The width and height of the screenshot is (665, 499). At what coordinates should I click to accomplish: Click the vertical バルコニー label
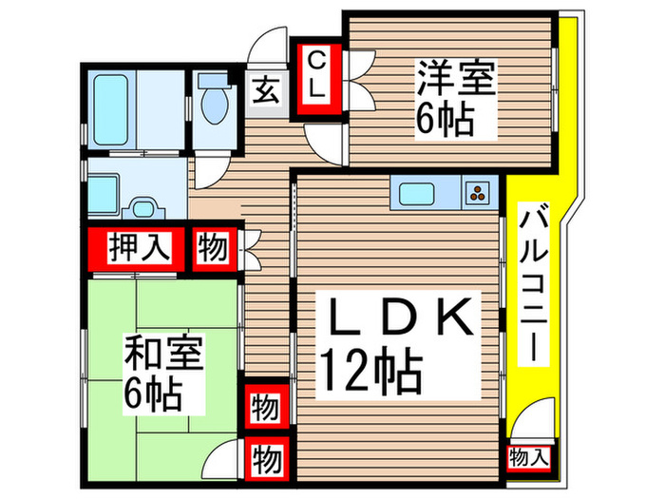[x=533, y=284]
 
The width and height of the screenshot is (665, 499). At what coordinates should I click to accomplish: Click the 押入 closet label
[x=139, y=247]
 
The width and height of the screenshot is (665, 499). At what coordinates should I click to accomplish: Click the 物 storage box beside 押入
[x=213, y=247]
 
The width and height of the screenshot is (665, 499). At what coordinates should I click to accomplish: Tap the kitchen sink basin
[x=419, y=193]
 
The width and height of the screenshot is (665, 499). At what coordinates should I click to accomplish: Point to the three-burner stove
[x=478, y=193]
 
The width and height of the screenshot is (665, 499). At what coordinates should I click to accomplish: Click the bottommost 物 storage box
[x=266, y=460]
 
